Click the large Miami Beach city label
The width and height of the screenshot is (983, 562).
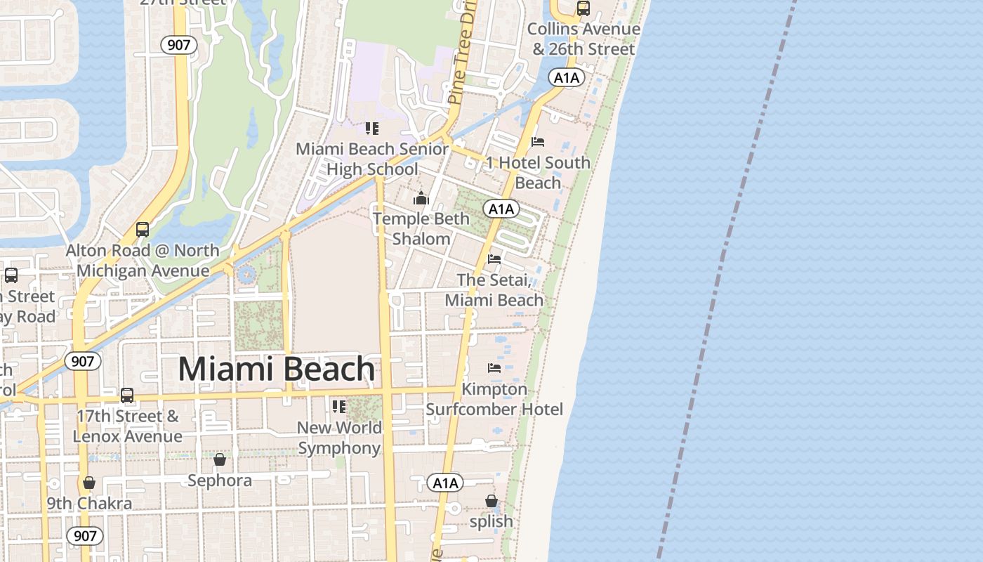pyautogui.click(x=277, y=370)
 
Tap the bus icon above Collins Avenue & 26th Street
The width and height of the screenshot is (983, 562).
pyautogui.click(x=583, y=8)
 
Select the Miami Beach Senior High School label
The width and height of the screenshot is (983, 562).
pyautogui.click(x=372, y=159)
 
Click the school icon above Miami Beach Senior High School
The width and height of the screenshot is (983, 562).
pyautogui.click(x=372, y=129)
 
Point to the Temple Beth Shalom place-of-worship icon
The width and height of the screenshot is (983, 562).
pyautogui.click(x=421, y=198)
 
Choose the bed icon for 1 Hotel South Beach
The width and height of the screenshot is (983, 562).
pyautogui.click(x=538, y=142)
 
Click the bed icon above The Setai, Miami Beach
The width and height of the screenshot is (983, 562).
pyautogui.click(x=494, y=259)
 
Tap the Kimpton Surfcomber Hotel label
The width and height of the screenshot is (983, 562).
pyautogui.click(x=494, y=399)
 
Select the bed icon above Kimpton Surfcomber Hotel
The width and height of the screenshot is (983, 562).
pyautogui.click(x=494, y=368)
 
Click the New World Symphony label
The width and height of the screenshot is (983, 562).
pyautogui.click(x=340, y=438)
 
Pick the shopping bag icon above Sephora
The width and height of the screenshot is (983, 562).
pyautogui.click(x=220, y=459)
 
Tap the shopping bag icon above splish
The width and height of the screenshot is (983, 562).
pyautogui.click(x=491, y=501)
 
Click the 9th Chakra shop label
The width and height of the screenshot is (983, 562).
pyautogui.click(x=89, y=504)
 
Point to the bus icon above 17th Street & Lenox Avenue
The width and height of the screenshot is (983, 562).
pyautogui.click(x=127, y=396)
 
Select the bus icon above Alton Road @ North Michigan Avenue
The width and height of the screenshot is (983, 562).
pyautogui.click(x=143, y=230)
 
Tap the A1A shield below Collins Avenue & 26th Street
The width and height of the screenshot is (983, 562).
pyautogui.click(x=567, y=78)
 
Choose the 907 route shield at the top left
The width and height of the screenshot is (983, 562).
pyautogui.click(x=179, y=45)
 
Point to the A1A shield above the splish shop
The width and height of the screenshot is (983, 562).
pyautogui.click(x=445, y=483)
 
